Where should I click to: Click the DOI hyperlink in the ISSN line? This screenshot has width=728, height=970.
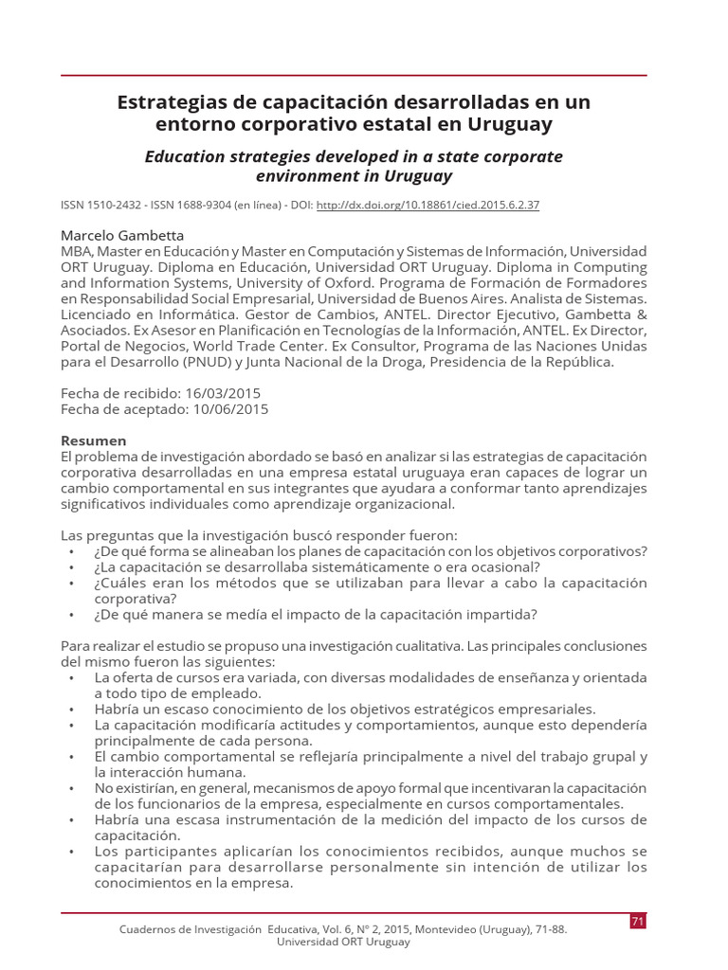coord(427,206)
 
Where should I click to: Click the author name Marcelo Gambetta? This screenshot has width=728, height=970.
coord(122,235)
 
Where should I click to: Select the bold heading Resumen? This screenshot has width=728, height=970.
coord(93,440)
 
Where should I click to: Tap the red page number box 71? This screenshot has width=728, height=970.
coord(637,922)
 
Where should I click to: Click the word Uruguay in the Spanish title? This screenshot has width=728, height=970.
coord(506,124)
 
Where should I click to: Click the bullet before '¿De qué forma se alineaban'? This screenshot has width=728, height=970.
coord(73,551)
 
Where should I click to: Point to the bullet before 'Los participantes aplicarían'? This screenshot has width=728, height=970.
coord(73,852)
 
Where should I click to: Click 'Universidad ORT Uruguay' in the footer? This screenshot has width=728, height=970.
coord(343,942)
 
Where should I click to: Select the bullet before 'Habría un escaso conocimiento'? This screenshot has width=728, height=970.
coord(73,709)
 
